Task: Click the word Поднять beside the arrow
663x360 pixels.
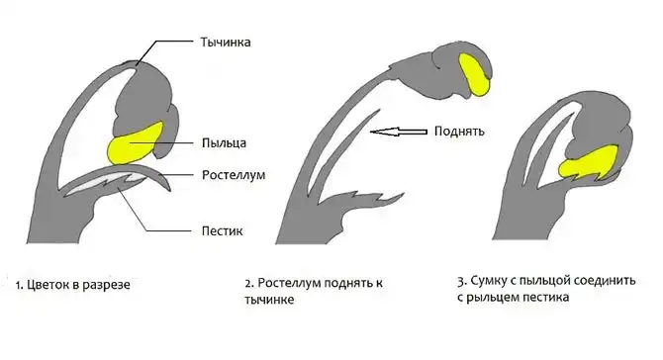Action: click(456, 131)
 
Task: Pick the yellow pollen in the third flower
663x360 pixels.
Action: click(590, 159)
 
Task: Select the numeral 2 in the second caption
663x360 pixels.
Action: click(248, 282)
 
